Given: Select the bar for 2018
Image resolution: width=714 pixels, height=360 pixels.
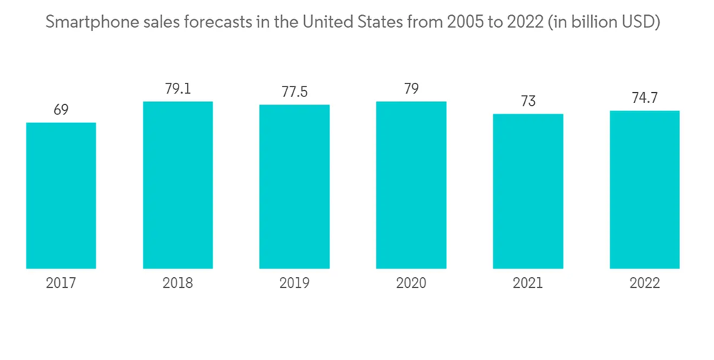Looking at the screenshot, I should [178, 185].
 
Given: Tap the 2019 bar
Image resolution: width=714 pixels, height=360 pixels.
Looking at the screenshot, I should [294, 186].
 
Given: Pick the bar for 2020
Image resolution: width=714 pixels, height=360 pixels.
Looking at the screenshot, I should [411, 185].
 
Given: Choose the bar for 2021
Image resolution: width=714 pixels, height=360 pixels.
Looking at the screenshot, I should [528, 191].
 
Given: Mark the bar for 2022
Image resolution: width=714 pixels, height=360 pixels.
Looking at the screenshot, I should [644, 189].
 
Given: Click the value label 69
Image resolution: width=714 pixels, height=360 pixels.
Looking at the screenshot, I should [61, 110].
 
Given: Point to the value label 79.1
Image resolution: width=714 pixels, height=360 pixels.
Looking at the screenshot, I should [178, 89].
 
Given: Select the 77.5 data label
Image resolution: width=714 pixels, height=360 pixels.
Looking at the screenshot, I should [294, 93].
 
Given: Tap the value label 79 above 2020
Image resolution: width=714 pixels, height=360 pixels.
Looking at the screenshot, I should [411, 89].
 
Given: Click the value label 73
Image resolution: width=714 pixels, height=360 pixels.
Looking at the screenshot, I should [528, 101].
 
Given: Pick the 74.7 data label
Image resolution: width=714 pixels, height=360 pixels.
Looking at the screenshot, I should [644, 99].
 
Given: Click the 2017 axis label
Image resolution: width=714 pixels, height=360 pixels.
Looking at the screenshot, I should [61, 284].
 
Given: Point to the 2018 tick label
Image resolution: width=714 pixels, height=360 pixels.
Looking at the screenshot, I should [178, 284].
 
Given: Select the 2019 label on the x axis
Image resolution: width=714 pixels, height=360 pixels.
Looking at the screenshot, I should [294, 284].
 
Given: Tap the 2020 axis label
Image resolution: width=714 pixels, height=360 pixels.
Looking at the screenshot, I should [411, 284].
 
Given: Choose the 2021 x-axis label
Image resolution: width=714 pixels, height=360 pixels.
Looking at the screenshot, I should [528, 284].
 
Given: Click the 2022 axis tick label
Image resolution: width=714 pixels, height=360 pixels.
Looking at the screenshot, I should [644, 284].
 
